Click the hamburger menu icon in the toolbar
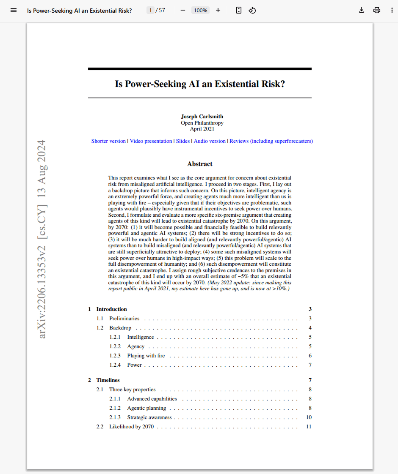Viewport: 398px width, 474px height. tap(14, 10)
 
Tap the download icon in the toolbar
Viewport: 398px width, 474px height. tap(362, 10)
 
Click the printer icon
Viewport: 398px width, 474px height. tap(377, 10)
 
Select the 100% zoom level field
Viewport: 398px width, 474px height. tap(200, 10)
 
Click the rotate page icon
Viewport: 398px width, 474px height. tap(252, 10)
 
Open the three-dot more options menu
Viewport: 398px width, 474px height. tap(392, 10)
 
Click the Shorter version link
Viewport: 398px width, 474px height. tap(108, 141)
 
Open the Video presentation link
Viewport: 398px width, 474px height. tap(151, 141)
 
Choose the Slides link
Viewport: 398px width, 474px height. tap(183, 141)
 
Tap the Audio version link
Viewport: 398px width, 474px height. tap(210, 141)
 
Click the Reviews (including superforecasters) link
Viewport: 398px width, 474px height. tap(271, 141)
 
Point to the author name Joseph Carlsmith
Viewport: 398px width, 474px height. tap(202, 117)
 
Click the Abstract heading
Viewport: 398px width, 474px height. tap(200, 164)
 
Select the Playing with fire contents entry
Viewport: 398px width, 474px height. tap(146, 356)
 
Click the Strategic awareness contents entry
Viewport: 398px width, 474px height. tap(149, 417)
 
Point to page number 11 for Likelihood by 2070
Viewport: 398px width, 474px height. tap(309, 427)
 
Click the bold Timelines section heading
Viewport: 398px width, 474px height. tap(108, 380)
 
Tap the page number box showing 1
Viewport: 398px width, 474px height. tap(150, 10)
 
